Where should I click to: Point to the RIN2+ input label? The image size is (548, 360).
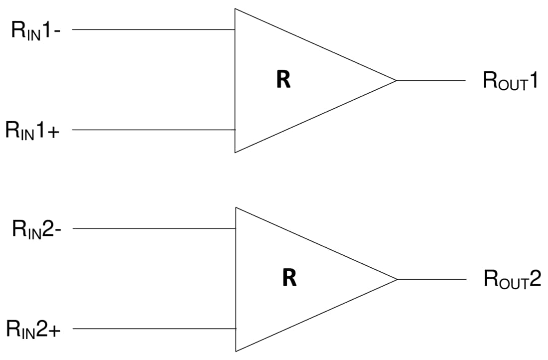coord(33,329)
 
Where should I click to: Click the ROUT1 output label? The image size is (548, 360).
coord(510,81)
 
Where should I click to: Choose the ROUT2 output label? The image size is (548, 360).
coord(512,280)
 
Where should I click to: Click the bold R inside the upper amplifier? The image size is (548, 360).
coord(283,80)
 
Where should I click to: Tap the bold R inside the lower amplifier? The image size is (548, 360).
coord(289,278)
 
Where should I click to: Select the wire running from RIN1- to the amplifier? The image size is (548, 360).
coord(153,29)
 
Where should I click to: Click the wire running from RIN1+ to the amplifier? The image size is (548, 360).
coord(153,130)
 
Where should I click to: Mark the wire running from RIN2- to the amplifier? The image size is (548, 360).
coord(154,229)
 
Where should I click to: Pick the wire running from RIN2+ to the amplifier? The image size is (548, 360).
coord(154,329)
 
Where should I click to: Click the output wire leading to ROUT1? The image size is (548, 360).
coord(431,80)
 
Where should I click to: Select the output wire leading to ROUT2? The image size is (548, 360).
coord(432,279)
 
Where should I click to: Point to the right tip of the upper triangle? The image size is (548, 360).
coord(396,80)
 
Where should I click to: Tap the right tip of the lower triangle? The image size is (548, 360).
coord(397,279)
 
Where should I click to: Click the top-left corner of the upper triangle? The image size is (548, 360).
coord(235,8)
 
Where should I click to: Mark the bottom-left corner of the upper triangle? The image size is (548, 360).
coord(235,152)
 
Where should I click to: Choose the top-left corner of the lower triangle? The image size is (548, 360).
coord(236,207)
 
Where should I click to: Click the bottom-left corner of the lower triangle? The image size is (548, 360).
coord(236,351)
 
